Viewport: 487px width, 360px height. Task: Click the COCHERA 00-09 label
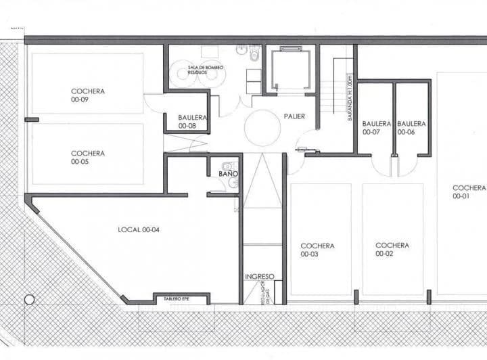point(88,95)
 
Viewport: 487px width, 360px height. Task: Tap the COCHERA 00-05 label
point(88,158)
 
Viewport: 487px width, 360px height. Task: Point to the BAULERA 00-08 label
point(191,121)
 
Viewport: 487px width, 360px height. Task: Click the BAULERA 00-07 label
point(376,128)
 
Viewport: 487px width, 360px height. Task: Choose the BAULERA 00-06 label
point(411,128)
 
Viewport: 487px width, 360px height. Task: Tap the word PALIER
point(294,116)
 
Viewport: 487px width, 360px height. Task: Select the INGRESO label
point(260,277)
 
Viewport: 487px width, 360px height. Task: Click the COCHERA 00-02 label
point(392,250)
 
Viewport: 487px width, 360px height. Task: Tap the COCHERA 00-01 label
point(469,192)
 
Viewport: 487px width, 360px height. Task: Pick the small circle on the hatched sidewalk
point(29,299)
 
